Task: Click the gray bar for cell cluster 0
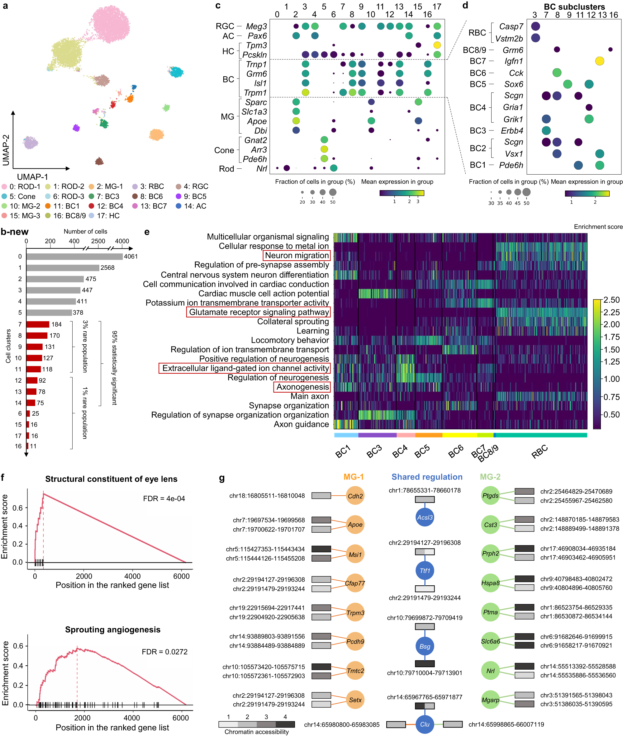[74, 256]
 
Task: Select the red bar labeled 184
[38, 324]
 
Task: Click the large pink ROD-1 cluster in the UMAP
[111, 23]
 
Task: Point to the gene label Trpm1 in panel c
[255, 93]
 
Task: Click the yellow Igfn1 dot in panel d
[599, 61]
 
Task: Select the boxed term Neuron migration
[297, 255]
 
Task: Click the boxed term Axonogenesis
[302, 387]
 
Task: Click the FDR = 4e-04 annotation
[164, 498]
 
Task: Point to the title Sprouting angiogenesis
[113, 630]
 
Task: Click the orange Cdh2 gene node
[355, 496]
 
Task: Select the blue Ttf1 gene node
[425, 570]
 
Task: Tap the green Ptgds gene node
[490, 496]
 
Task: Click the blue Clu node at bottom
[425, 724]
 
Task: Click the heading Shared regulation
[427, 477]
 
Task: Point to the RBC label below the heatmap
[539, 451]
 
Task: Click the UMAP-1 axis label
[32, 177]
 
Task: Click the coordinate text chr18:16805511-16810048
[267, 496]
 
